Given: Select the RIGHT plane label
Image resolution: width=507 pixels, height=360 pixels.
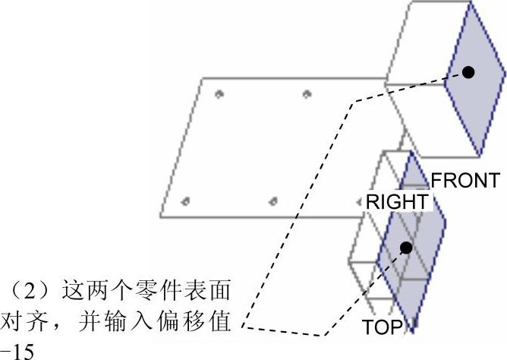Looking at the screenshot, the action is coord(397,202).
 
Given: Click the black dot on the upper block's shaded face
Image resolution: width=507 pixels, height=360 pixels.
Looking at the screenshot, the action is coord(468,72).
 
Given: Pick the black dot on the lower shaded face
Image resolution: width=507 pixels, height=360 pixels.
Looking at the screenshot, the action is coord(407,248).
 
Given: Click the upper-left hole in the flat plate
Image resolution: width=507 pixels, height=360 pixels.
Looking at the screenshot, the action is coord(219,94).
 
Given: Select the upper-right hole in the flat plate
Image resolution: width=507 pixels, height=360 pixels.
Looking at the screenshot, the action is coord(307,94).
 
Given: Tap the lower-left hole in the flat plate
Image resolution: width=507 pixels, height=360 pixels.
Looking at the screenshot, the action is coord(186,201).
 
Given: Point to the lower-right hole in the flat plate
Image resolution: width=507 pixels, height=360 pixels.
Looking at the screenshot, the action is coord(274,201).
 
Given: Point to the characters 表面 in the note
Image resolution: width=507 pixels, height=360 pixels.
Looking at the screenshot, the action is coord(206,292).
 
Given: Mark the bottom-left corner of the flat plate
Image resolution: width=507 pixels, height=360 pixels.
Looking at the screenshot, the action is coord(161,213).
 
